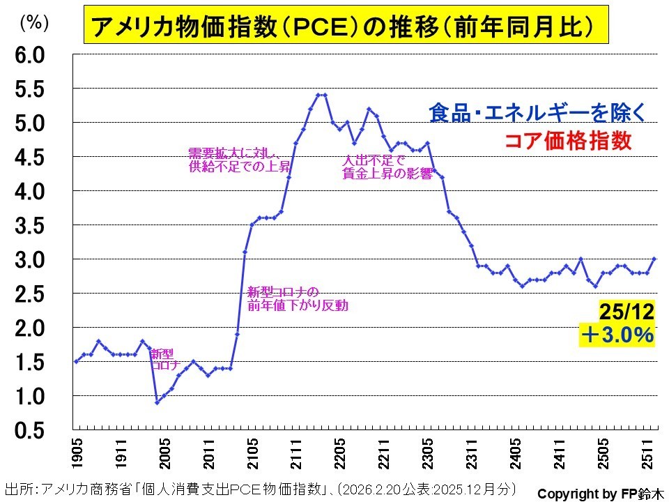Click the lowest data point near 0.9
[x=157, y=402]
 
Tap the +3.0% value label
[x=618, y=335]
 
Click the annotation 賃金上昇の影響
[x=387, y=175]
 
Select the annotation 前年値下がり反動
[x=298, y=305]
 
